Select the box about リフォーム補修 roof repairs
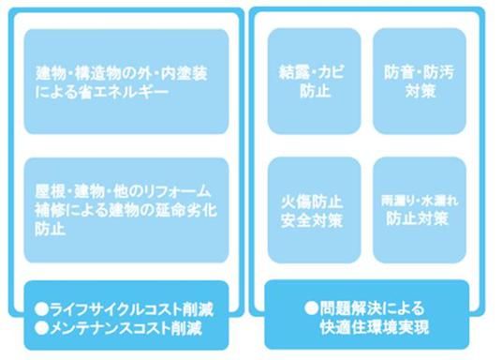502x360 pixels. pyautogui.click(x=126, y=209)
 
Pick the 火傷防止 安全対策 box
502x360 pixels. pyautogui.click(x=314, y=209)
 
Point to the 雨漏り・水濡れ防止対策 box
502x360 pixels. pyautogui.click(x=419, y=209)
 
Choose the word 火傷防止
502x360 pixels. pyautogui.click(x=314, y=199)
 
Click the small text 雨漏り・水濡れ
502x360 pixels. pyautogui.click(x=419, y=200)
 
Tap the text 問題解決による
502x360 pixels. pyautogui.click(x=375, y=306)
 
